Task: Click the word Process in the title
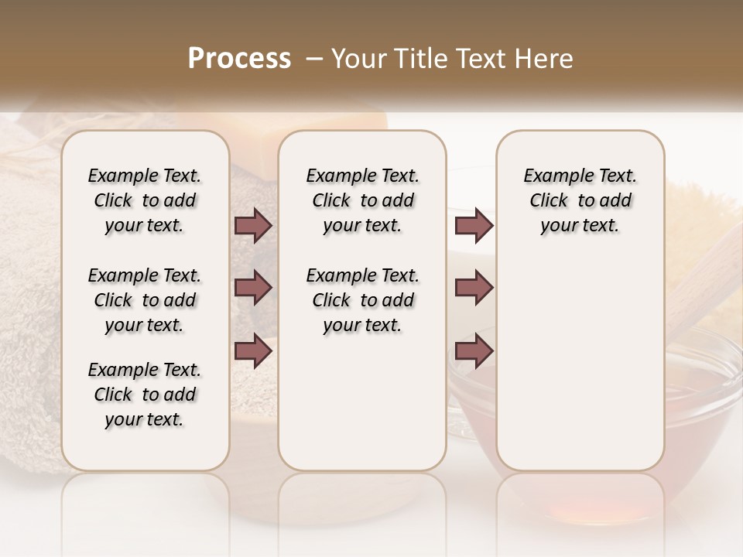[239, 59]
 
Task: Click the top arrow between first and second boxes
[253, 226]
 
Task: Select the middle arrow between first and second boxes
[253, 288]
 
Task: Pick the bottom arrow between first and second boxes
[253, 350]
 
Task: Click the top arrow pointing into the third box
[474, 226]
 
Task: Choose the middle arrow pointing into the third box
[474, 288]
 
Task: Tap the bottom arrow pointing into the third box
[474, 350]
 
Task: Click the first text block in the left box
[145, 200]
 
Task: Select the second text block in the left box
[145, 300]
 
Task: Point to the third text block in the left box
[145, 395]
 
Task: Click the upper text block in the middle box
[362, 200]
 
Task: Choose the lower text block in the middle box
[362, 300]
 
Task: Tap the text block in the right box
[580, 200]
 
